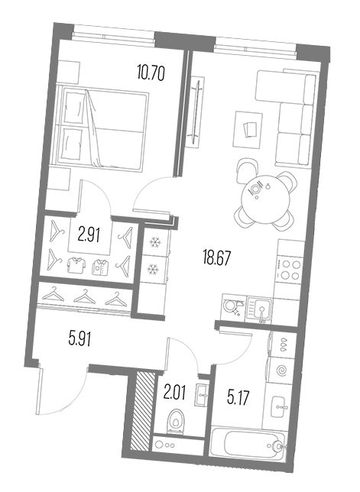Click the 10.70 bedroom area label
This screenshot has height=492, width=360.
coord(151,73)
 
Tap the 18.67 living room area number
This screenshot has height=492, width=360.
coord(216,258)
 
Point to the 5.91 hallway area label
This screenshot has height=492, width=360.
coord(80,338)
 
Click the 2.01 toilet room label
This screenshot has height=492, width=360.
coord(175,392)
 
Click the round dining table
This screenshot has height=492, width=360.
coord(265,199)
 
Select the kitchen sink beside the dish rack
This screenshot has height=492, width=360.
coord(260,309)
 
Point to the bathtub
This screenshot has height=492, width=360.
coord(248,445)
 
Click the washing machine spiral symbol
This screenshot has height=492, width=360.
coord(281,371)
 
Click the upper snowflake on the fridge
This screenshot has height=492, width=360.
coord(154,242)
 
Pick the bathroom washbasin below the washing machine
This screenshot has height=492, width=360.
coord(279,406)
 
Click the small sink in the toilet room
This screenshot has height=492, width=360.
coord(202,394)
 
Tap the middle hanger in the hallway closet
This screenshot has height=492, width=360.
coord(84,297)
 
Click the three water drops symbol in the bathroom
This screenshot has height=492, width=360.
coord(284,345)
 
